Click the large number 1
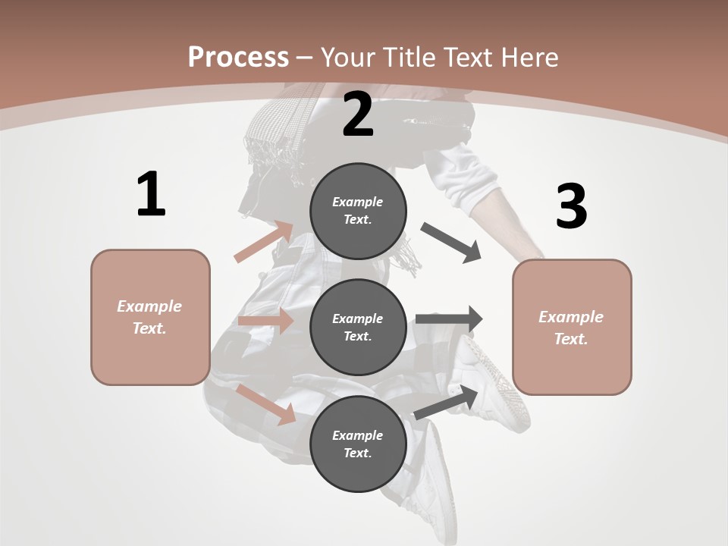(x=151, y=194)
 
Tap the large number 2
(x=358, y=115)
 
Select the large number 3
(x=572, y=206)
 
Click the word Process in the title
(x=238, y=57)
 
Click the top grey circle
(x=358, y=211)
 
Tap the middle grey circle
(x=358, y=328)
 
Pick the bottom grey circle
(x=358, y=444)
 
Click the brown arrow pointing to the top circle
(x=264, y=242)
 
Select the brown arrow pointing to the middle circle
(x=265, y=321)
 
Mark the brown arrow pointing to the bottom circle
(x=265, y=404)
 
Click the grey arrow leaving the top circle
(x=452, y=243)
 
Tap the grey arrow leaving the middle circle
(x=449, y=319)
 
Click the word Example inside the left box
(x=149, y=306)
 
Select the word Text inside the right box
(x=570, y=339)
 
